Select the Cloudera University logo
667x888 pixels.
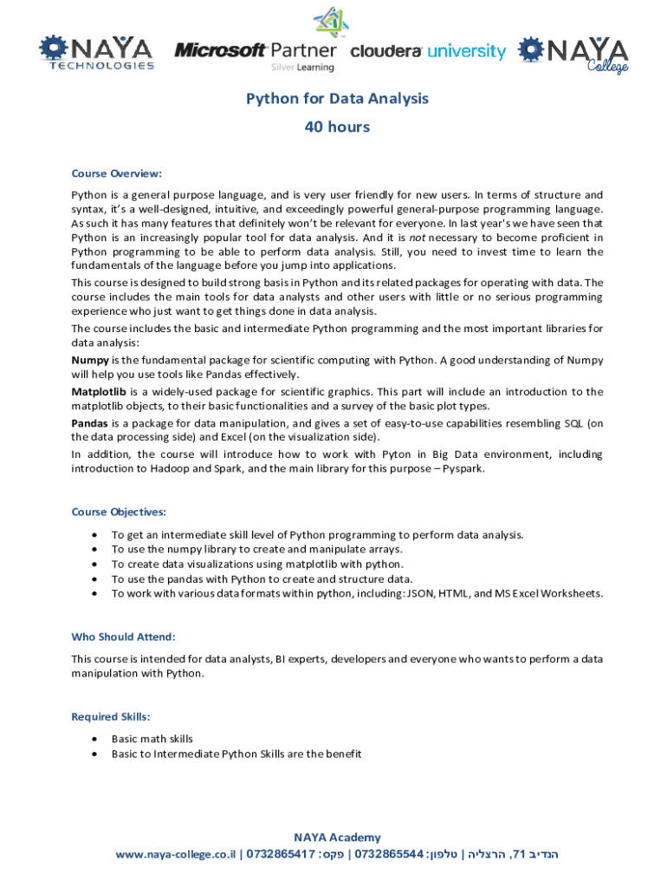pos(428,51)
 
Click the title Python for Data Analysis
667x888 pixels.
pos(337,99)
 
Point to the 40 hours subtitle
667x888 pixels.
pos(337,127)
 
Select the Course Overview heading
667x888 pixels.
pos(116,173)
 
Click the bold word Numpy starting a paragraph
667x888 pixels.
pos(89,360)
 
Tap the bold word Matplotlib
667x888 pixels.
pos(99,392)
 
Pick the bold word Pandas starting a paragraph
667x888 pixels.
pos(90,423)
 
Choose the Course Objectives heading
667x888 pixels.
pos(119,512)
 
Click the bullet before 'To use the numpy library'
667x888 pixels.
pos(94,549)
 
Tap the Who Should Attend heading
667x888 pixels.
pos(123,637)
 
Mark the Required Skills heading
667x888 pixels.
pos(111,716)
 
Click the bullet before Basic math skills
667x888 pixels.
pos(94,739)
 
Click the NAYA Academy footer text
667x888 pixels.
pos(337,837)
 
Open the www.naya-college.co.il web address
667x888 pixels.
pos(176,855)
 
